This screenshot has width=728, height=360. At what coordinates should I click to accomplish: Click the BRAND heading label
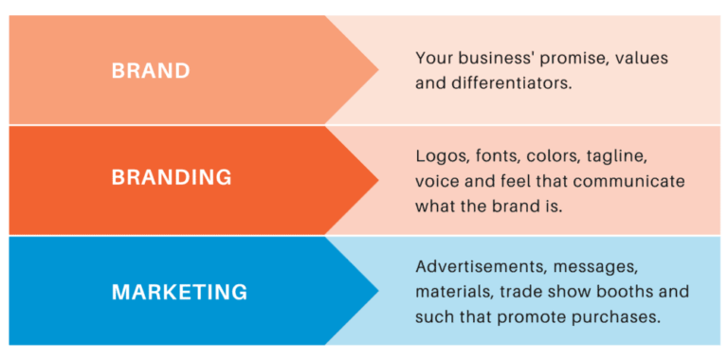[x=151, y=70]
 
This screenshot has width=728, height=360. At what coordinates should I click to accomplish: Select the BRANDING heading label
[x=172, y=177]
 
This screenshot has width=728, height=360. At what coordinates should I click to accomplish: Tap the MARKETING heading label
[x=179, y=292]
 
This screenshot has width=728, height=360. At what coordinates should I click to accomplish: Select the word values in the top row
[x=642, y=58]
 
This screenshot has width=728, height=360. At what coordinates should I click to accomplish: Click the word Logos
[x=439, y=155]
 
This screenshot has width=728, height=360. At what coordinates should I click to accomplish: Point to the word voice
[x=437, y=180]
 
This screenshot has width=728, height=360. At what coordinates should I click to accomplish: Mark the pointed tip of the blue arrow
[x=378, y=290]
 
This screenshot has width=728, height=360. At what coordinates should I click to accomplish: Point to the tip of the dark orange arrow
[x=378, y=180]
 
